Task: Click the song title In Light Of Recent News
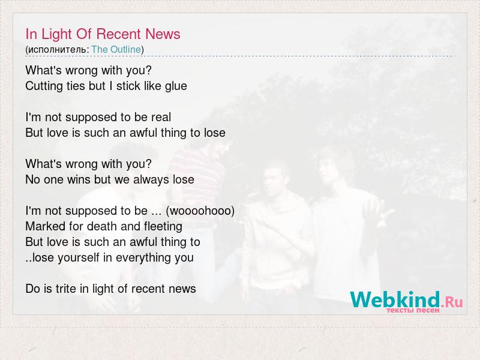[x=103, y=34]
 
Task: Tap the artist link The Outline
[x=116, y=49]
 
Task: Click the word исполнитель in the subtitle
[x=57, y=50]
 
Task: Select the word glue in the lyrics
[x=176, y=86]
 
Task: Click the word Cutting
[x=44, y=86]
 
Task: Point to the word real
[x=161, y=117]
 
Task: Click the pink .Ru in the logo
[x=452, y=302]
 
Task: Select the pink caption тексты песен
[x=413, y=310]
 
